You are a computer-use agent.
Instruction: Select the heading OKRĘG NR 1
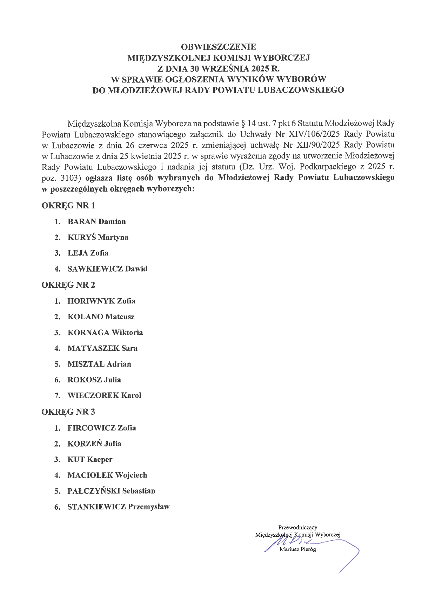[x=68, y=206]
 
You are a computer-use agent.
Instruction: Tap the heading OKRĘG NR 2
[x=68, y=285]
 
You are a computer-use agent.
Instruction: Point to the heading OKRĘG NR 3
[x=68, y=412]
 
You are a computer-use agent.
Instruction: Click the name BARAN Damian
[x=96, y=222]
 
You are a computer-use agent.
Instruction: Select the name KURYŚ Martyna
[x=98, y=238]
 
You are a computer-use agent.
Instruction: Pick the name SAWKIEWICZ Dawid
[x=107, y=269]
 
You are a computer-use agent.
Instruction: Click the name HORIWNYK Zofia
[x=101, y=301]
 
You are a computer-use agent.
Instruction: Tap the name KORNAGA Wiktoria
[x=105, y=333]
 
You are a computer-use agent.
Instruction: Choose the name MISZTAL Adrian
[x=99, y=364]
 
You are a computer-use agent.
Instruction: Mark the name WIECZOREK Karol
[x=104, y=395]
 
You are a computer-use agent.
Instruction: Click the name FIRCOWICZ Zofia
[x=102, y=428]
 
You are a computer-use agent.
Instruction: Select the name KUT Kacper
[x=90, y=460]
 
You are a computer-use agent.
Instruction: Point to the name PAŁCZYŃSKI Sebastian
[x=111, y=491]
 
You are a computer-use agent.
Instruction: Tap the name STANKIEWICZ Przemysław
[x=119, y=507]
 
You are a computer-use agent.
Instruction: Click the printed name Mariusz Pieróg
[x=297, y=549]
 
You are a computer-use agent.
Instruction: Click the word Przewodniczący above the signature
[x=297, y=527]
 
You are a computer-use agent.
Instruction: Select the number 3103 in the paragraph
[x=71, y=178]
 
